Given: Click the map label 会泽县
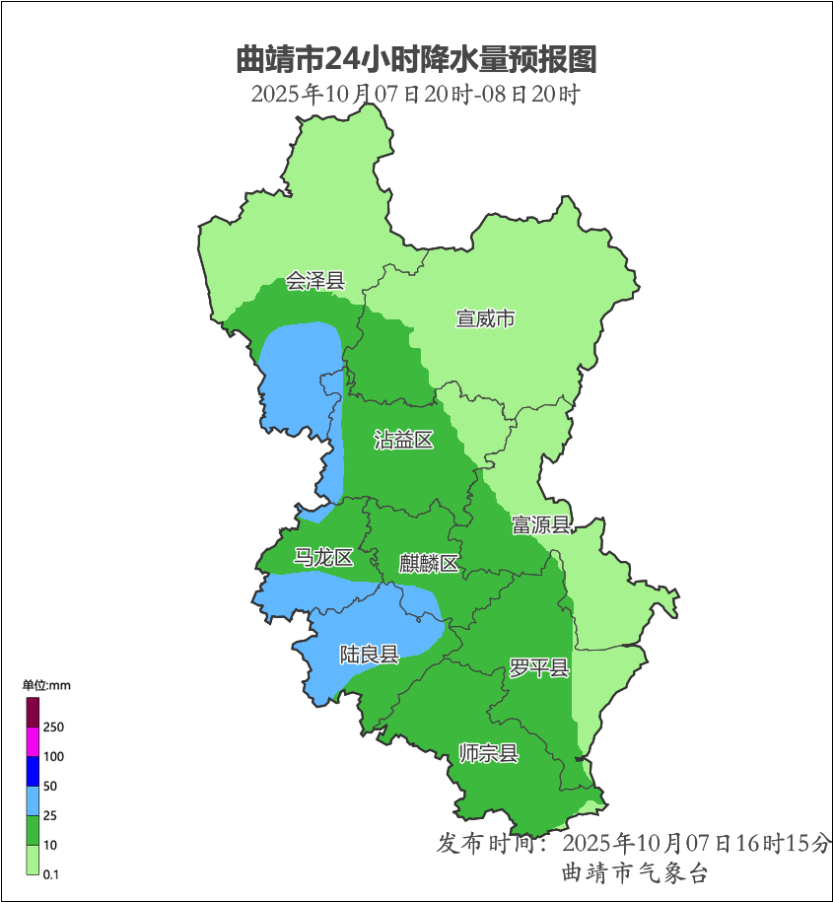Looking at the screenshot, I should click(x=315, y=281).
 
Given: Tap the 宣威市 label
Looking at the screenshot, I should click(x=485, y=318).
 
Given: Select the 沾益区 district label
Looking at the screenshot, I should click(x=404, y=440).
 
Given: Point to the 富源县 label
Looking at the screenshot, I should click(x=540, y=524).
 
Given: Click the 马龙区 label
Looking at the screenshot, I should click(x=323, y=558).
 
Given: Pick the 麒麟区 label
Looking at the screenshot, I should click(x=429, y=564).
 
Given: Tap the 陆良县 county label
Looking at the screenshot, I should click(x=369, y=654).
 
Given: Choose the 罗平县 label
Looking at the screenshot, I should click(x=539, y=668).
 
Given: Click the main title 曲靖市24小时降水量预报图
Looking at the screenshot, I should click(x=416, y=60).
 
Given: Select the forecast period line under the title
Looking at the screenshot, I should click(x=416, y=95).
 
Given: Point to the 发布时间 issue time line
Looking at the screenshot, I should click(x=634, y=844).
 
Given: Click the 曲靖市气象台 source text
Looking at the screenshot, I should click(x=634, y=873).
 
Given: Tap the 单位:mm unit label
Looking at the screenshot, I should click(x=46, y=685).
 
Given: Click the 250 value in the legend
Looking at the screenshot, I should click(x=53, y=728).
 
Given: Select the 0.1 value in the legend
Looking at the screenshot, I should click(x=51, y=874).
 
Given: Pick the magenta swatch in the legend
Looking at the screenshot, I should click(x=33, y=741).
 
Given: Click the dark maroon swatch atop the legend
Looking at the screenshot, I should click(x=33, y=712).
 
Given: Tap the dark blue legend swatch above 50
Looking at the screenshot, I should click(x=33, y=771).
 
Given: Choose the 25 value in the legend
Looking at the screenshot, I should click(x=50, y=816).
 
